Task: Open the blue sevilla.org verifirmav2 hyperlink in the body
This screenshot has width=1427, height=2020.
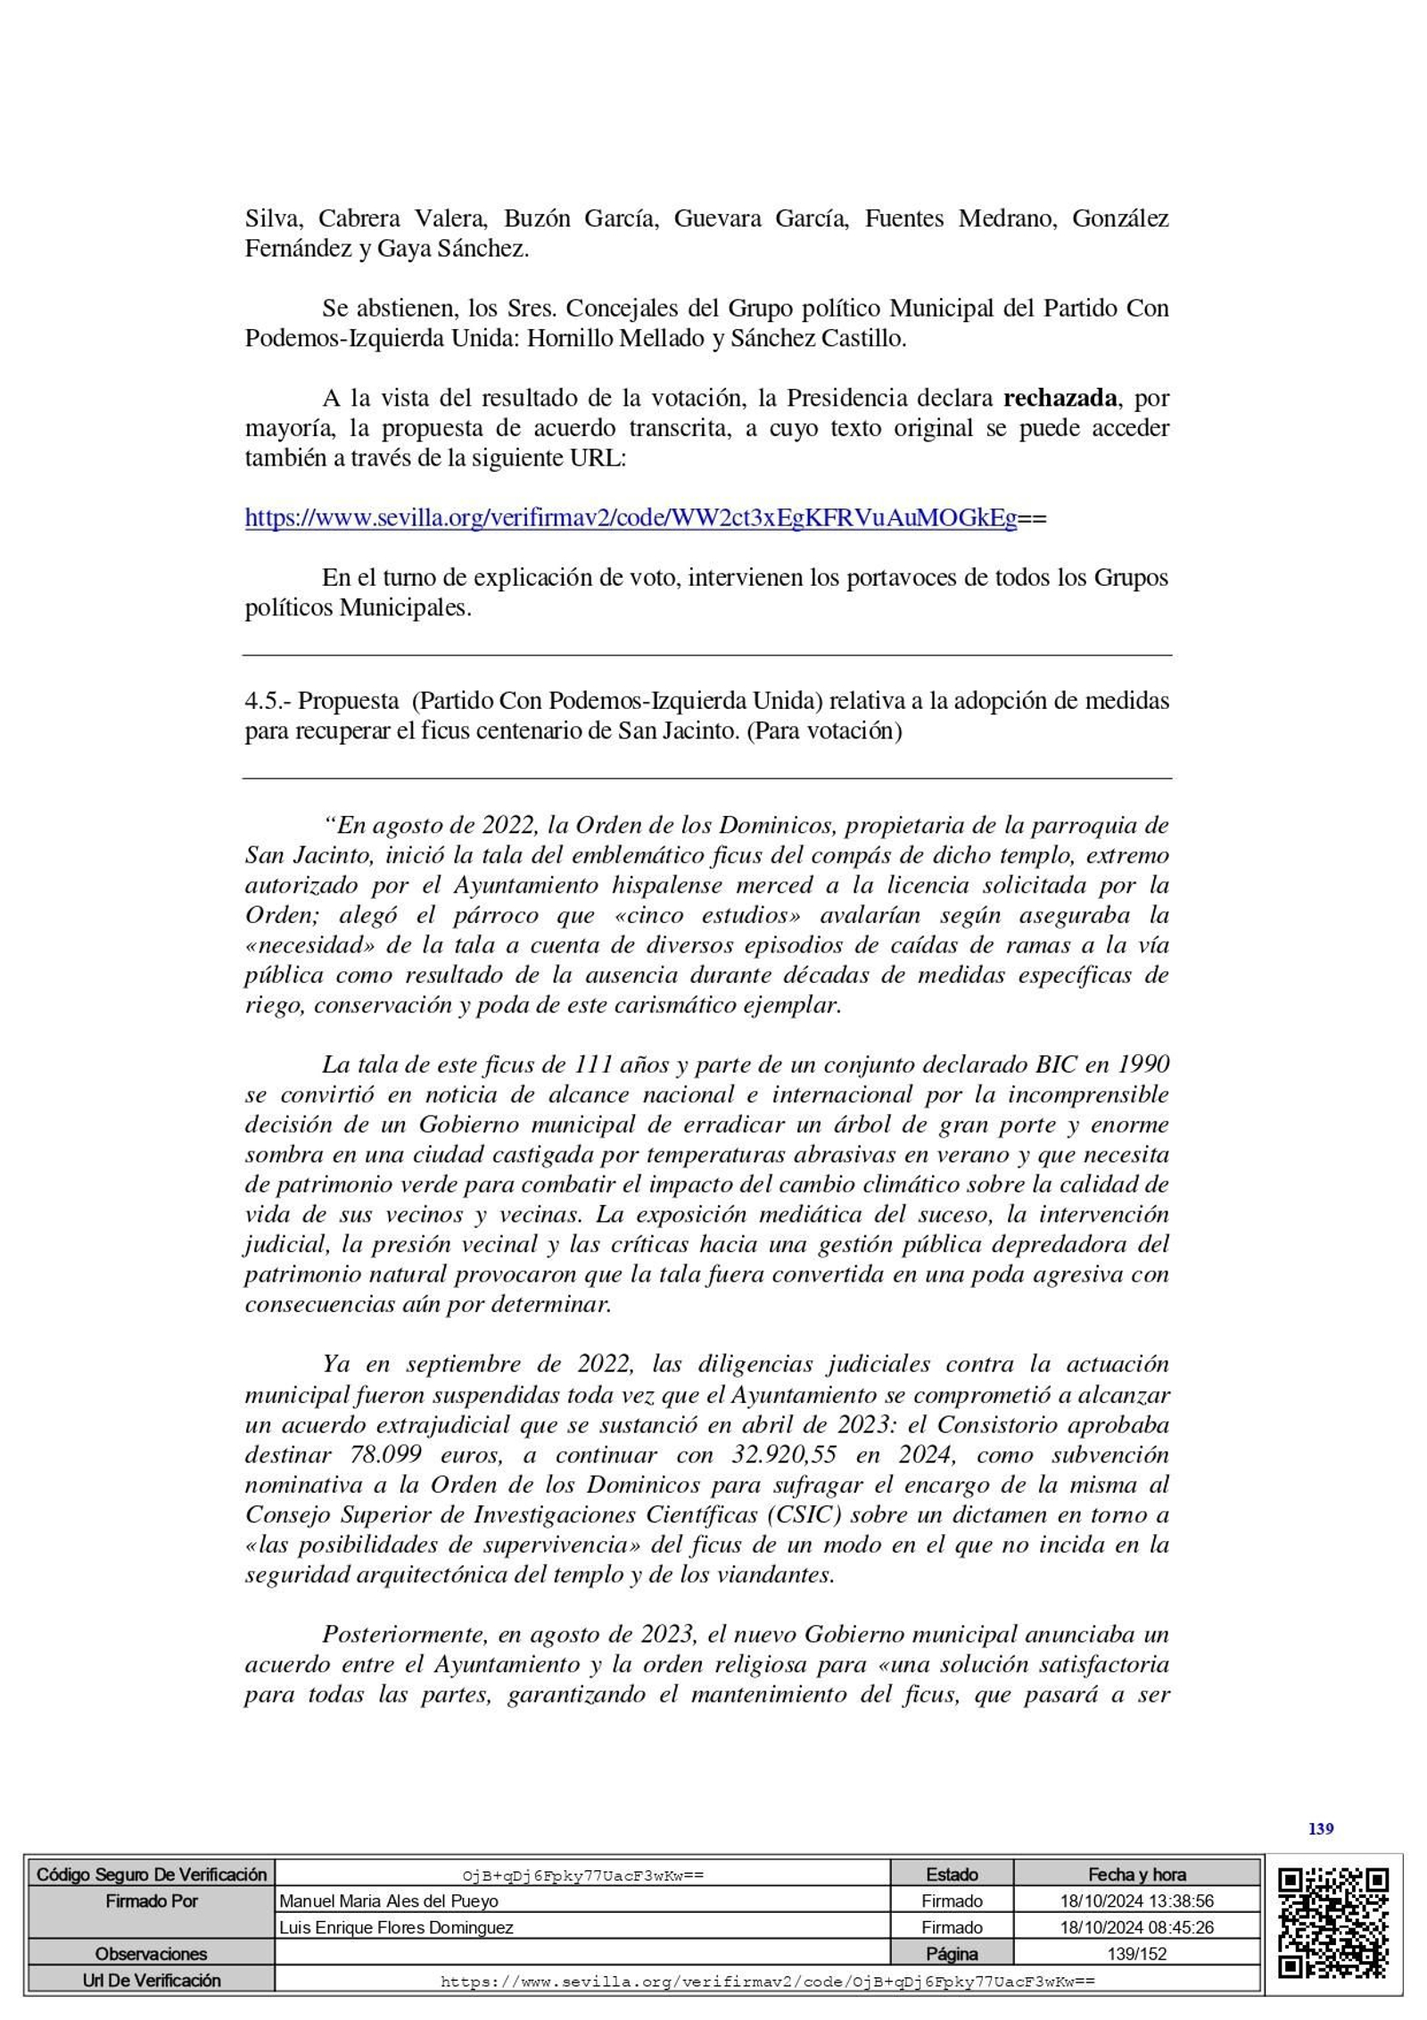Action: tap(631, 518)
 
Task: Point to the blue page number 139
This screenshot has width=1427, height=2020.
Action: tap(1320, 1829)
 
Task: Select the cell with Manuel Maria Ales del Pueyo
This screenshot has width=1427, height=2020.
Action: tap(389, 1901)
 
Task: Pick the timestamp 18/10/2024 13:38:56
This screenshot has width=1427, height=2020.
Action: tap(1136, 1901)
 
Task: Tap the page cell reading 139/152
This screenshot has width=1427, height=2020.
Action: tap(1136, 1954)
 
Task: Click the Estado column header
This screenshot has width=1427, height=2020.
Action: tap(951, 1875)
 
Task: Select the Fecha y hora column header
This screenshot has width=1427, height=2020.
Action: tap(1136, 1875)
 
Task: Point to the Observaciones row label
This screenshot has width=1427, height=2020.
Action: tap(151, 1954)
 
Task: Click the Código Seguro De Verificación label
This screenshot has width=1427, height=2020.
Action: tap(151, 1875)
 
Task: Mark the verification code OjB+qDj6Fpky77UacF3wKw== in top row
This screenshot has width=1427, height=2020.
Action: tap(582, 1876)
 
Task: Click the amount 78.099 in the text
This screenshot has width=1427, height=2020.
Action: tap(385, 1455)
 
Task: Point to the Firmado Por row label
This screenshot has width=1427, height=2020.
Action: tap(151, 1901)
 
